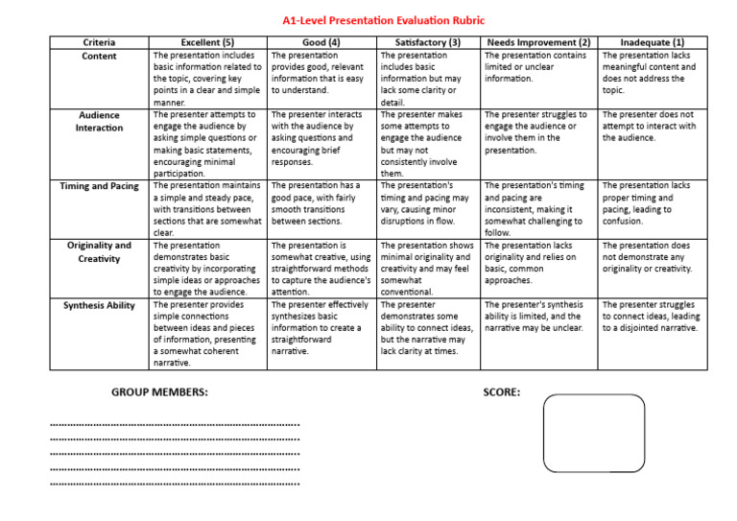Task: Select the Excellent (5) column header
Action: (x=207, y=43)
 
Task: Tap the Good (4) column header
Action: (x=321, y=43)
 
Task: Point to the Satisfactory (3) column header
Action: (x=428, y=43)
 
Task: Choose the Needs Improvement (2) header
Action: (x=538, y=43)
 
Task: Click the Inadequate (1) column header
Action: (x=653, y=43)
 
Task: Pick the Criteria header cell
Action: (x=100, y=43)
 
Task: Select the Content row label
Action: (x=100, y=57)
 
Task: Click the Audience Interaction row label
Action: (x=100, y=121)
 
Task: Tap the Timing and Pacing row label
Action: (x=100, y=186)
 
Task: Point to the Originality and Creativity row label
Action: (x=100, y=252)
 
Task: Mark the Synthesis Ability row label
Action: (x=100, y=306)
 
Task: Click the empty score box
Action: (x=594, y=433)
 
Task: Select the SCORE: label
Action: (x=502, y=392)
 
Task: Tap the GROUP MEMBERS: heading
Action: (x=159, y=392)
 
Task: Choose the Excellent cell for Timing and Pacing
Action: (x=207, y=208)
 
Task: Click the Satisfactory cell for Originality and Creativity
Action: (x=428, y=269)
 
